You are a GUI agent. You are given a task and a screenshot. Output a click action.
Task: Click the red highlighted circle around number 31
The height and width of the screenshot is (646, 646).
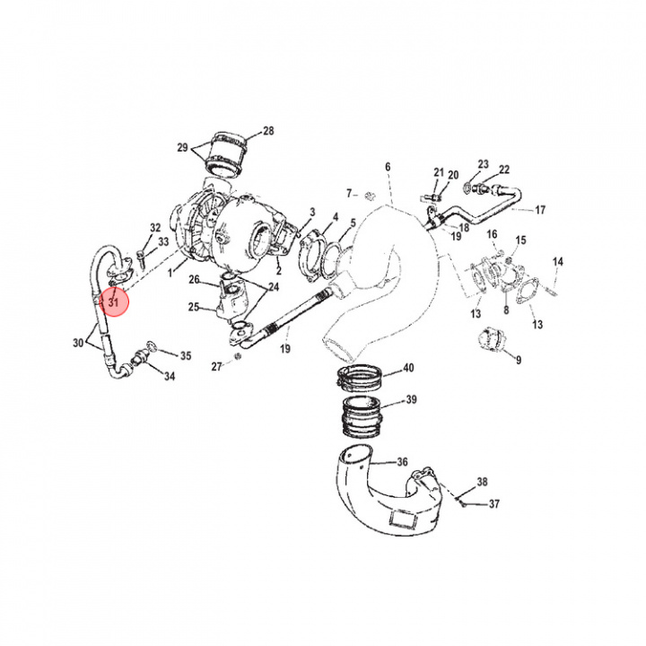click(x=114, y=302)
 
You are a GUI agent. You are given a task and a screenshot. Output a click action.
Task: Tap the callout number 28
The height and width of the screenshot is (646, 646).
click(x=267, y=132)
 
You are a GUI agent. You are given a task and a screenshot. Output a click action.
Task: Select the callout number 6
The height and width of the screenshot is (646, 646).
click(x=388, y=167)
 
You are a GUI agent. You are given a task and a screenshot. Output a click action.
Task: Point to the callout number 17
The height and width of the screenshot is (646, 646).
click(x=540, y=211)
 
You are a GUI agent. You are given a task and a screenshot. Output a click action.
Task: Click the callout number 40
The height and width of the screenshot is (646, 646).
click(x=408, y=369)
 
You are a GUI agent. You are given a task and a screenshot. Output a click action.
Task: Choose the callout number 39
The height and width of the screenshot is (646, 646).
click(x=411, y=400)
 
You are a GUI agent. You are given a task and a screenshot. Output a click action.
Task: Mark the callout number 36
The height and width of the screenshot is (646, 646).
click(x=403, y=462)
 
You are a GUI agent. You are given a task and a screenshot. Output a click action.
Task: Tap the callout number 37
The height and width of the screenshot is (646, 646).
click(x=493, y=504)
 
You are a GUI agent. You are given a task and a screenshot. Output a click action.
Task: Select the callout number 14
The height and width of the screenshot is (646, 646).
click(x=557, y=262)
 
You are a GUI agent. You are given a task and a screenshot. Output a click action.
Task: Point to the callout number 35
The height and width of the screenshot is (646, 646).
click(x=186, y=356)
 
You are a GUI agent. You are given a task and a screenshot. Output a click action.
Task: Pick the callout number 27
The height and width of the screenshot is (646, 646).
click(x=215, y=366)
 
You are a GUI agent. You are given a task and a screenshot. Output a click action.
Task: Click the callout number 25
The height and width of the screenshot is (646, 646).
click(x=193, y=308)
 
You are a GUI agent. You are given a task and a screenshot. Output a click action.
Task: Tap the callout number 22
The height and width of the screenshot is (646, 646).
click(x=504, y=170)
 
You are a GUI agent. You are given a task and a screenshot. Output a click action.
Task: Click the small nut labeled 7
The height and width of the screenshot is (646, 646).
click(x=368, y=195)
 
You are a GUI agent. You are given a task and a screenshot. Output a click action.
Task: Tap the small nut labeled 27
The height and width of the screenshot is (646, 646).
click(x=238, y=358)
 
